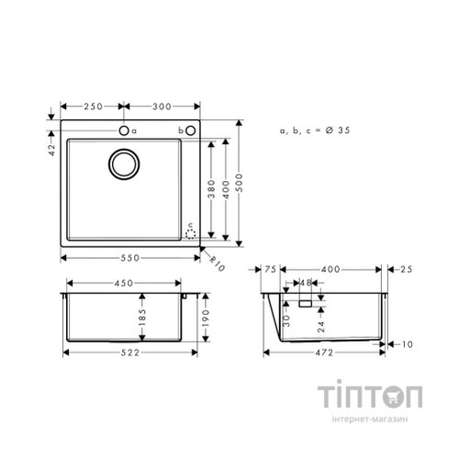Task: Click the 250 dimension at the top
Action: (92, 107)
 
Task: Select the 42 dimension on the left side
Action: (53, 146)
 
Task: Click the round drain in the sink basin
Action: (124, 165)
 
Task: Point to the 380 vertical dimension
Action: (211, 189)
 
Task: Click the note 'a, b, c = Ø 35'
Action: (315, 132)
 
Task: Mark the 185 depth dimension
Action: (141, 320)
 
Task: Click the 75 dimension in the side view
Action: (271, 269)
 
